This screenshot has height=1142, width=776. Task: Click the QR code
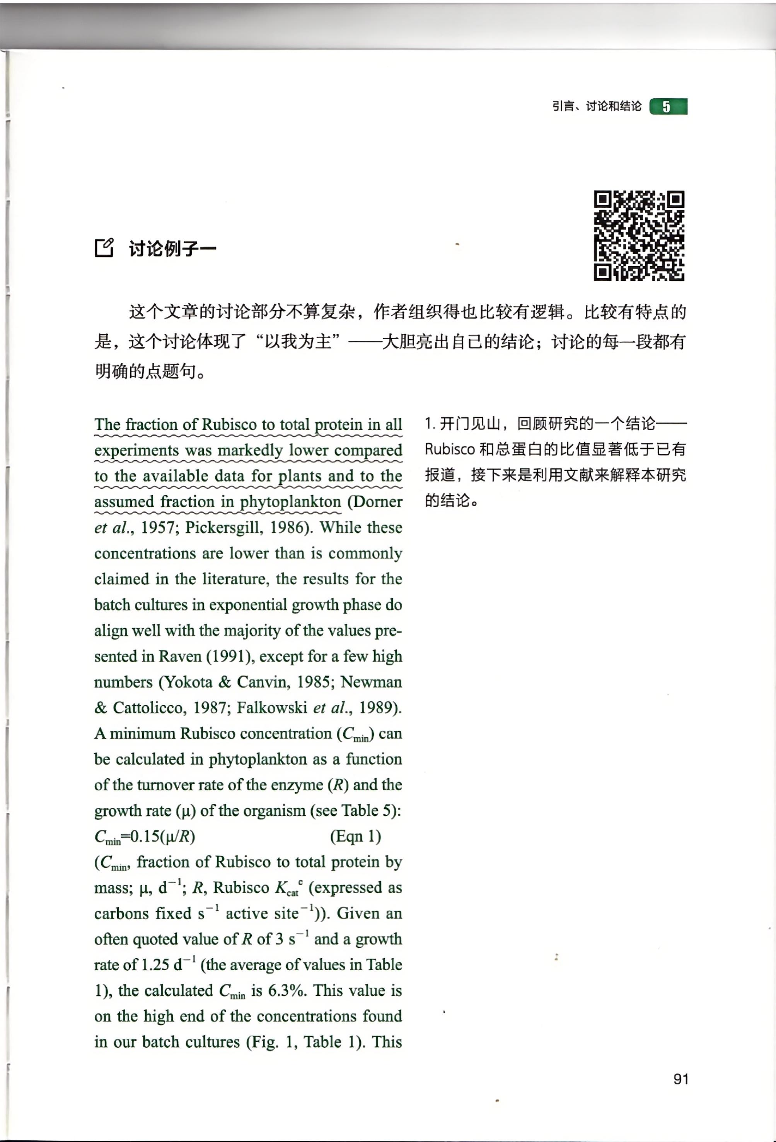[x=639, y=235]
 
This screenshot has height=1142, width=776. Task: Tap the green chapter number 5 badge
[x=668, y=107]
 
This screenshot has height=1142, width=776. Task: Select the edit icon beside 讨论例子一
[x=104, y=248]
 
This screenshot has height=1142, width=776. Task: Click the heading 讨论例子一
[x=172, y=249]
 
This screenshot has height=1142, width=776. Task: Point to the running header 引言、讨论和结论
[x=596, y=106]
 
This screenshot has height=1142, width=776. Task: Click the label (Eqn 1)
[x=355, y=836]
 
